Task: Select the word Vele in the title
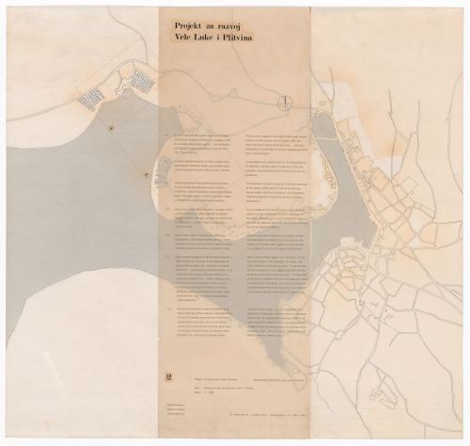point(174,34)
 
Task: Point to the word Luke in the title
point(199,34)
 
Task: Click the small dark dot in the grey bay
point(112,126)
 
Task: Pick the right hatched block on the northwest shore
point(141,79)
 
